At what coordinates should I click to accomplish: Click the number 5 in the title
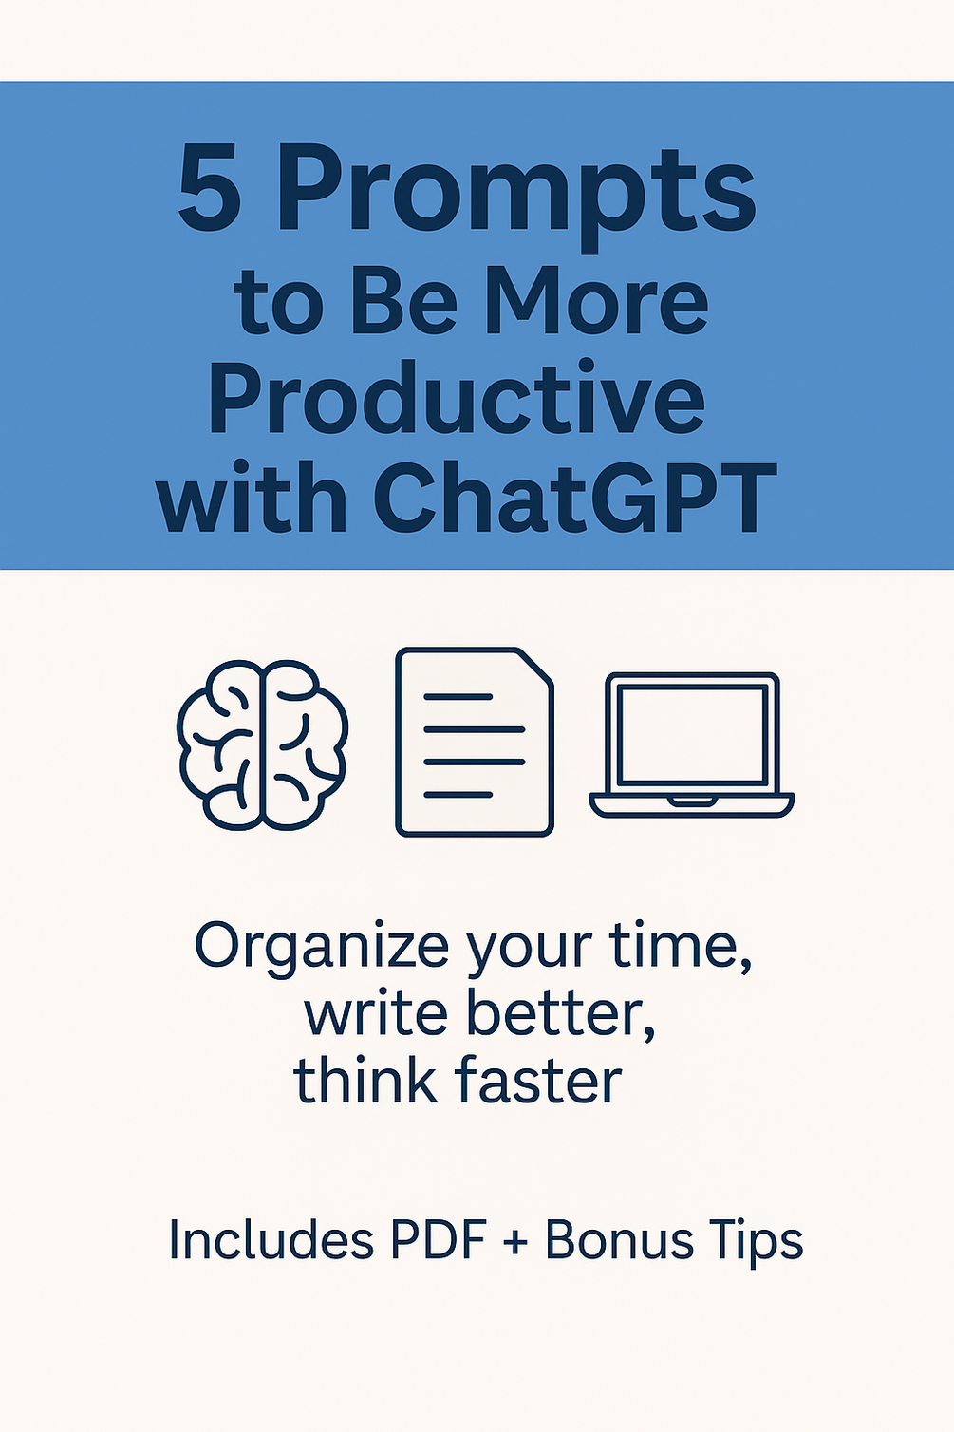coord(209,190)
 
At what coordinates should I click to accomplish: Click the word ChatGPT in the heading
coord(575,497)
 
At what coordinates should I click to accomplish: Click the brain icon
coord(262,744)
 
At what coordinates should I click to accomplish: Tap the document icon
coord(474,743)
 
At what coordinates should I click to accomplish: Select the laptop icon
coord(691,744)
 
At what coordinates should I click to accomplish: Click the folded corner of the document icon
coord(536,666)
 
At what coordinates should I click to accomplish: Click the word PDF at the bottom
coord(438,1240)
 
